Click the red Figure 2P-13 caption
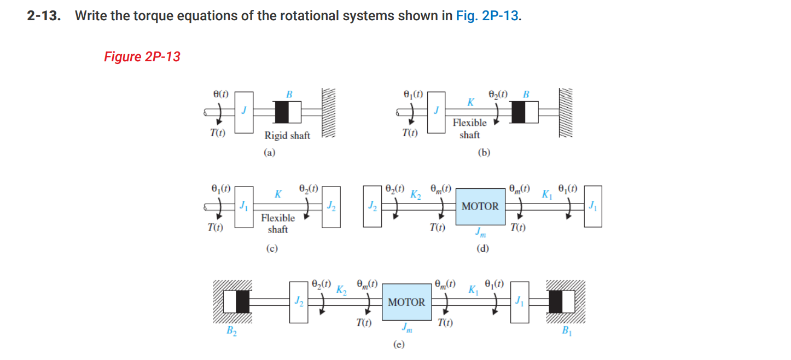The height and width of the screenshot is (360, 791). click(x=142, y=56)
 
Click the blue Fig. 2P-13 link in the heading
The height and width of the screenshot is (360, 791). click(x=487, y=16)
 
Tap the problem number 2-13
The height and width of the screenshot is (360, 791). click(x=43, y=16)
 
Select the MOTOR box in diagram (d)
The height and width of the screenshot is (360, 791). click(x=480, y=206)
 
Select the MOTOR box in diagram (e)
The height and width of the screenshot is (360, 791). click(x=406, y=302)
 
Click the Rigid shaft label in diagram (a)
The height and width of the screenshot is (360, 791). click(x=287, y=135)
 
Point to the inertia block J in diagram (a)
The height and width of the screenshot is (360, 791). click(x=245, y=113)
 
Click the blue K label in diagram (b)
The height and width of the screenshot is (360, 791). click(x=470, y=102)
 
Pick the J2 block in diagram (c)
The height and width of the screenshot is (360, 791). click(x=331, y=206)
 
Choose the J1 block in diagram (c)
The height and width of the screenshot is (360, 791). click(x=245, y=206)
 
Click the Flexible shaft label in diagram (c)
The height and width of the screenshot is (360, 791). click(x=277, y=223)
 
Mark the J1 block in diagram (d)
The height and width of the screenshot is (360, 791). click(x=593, y=206)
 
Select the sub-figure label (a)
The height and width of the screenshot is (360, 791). click(x=269, y=153)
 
